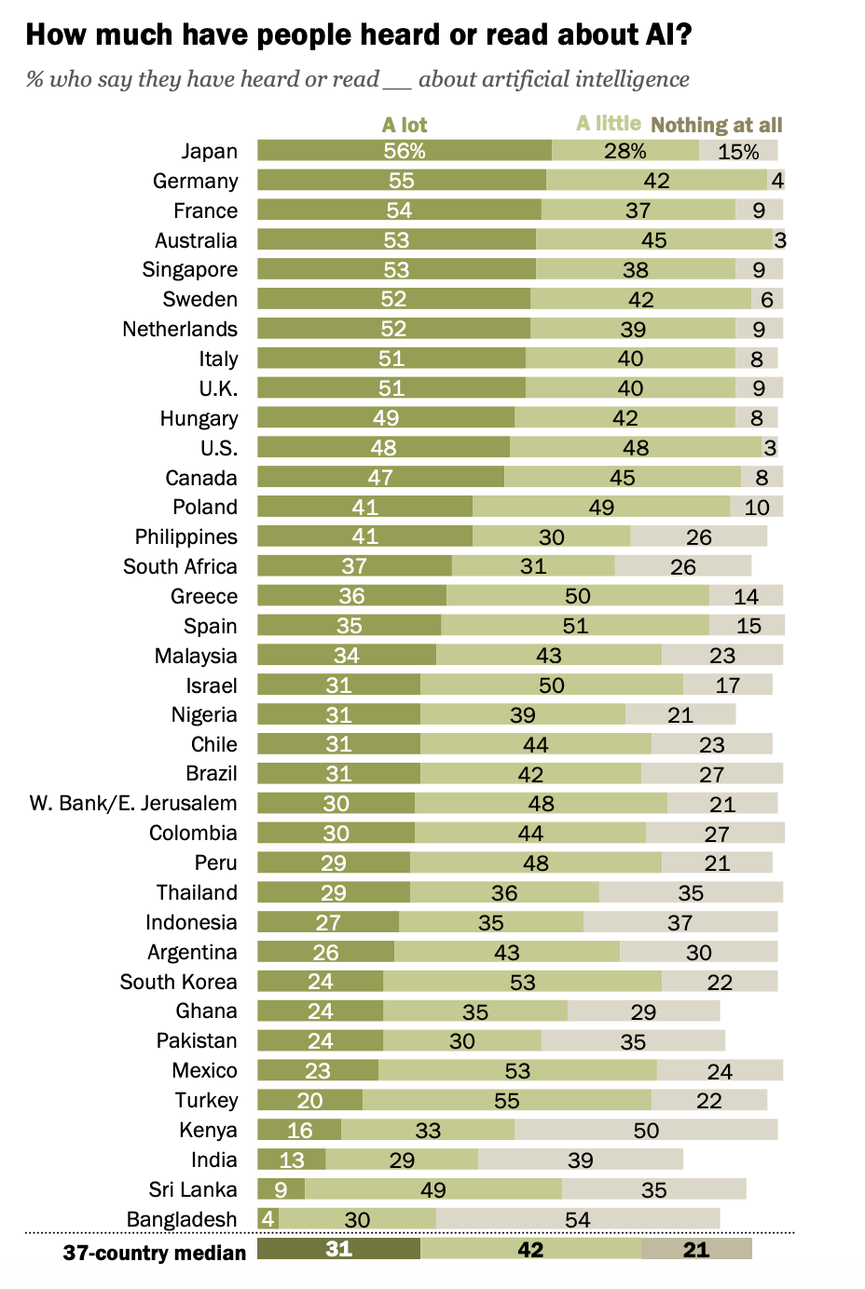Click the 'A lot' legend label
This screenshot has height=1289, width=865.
(x=405, y=125)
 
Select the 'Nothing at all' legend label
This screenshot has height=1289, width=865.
(x=717, y=125)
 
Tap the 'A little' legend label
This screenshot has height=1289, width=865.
(x=609, y=123)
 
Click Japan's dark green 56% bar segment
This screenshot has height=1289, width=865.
(x=405, y=150)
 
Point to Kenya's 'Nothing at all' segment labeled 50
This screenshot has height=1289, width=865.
(x=646, y=1130)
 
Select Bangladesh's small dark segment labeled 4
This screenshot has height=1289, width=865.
(x=268, y=1219)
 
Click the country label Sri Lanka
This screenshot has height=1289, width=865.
(x=193, y=1189)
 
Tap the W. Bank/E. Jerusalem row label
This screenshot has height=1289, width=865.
(x=133, y=804)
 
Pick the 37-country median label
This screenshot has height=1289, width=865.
(x=155, y=1253)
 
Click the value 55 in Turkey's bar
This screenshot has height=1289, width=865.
(x=507, y=1101)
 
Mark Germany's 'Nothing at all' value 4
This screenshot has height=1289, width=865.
(x=777, y=181)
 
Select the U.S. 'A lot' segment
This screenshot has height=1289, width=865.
(x=383, y=447)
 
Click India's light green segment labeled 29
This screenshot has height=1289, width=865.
(x=402, y=1160)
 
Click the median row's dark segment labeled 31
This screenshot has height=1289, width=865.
(x=338, y=1249)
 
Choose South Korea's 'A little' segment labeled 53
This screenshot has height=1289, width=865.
(x=522, y=982)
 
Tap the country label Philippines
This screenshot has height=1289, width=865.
(x=186, y=536)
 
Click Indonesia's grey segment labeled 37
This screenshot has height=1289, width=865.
(x=680, y=922)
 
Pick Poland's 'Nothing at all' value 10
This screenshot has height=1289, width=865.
(x=757, y=507)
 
